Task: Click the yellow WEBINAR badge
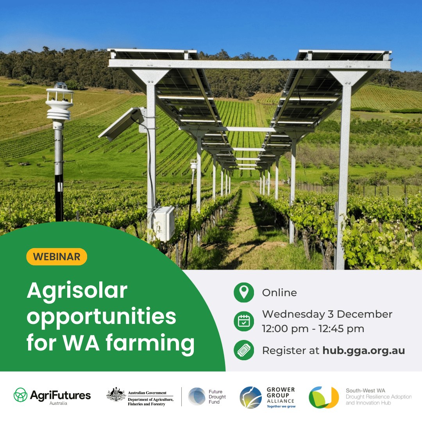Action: click(57, 257)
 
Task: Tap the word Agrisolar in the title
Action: click(77, 291)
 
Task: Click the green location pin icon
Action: click(244, 293)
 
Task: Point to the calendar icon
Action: click(244, 321)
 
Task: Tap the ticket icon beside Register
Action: click(244, 350)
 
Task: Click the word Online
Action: click(279, 293)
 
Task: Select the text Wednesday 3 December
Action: click(327, 314)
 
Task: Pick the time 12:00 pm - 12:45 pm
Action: click(313, 329)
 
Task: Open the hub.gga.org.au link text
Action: click(363, 350)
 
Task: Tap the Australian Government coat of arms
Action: click(116, 395)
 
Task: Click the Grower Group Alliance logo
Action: click(267, 397)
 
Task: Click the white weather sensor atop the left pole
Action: click(59, 104)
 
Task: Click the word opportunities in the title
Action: click(101, 317)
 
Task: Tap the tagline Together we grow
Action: click(281, 406)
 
